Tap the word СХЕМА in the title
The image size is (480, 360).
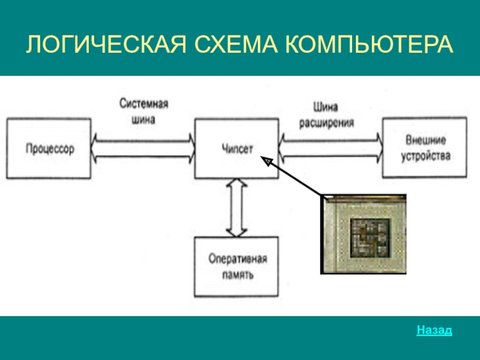click(x=236, y=44)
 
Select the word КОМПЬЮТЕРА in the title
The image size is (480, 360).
click(x=369, y=44)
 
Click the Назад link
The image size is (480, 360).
click(x=434, y=330)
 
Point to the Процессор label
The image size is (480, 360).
click(x=50, y=149)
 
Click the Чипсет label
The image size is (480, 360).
click(x=237, y=148)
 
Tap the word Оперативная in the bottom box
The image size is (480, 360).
click(x=238, y=259)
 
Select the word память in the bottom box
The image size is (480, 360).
click(x=238, y=275)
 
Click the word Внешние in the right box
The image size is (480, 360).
click(x=425, y=140)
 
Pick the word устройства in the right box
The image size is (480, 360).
click(x=425, y=156)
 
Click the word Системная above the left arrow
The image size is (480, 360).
click(x=143, y=103)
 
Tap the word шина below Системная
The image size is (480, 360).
click(x=143, y=119)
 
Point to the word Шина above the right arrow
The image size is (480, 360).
click(x=325, y=107)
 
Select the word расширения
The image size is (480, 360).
click(x=326, y=123)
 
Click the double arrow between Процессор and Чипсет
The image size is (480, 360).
click(x=143, y=148)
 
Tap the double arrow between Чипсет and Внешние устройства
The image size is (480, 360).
click(x=331, y=148)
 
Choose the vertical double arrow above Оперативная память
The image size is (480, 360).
click(x=236, y=208)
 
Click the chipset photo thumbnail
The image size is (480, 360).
click(x=364, y=234)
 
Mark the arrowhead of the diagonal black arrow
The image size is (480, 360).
click(x=266, y=161)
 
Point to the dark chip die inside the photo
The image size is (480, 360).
click(x=370, y=238)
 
